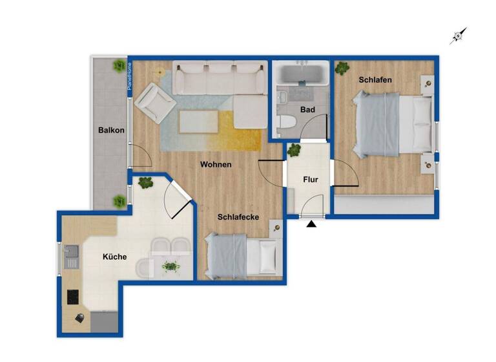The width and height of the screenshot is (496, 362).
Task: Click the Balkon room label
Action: pos(111,131)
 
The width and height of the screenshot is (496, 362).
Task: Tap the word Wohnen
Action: pos(215,165)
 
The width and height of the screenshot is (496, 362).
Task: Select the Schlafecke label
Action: pos(238,217)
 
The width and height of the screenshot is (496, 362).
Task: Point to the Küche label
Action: pos(114,257)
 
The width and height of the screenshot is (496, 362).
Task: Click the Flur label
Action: pos(311,180)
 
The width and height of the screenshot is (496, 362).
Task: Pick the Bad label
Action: pos(307,110)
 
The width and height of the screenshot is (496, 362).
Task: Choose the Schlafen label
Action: pos(375,80)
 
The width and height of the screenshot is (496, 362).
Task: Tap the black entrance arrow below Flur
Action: pos(312,224)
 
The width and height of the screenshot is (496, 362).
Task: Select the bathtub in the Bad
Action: pos(302,74)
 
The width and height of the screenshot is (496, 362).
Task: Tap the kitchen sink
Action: pos(71,256)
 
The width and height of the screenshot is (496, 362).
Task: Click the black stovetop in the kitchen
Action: pos(73,297)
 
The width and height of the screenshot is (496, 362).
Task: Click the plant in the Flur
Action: pos(294,151)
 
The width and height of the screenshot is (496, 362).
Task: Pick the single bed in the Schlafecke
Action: pos(242,255)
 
